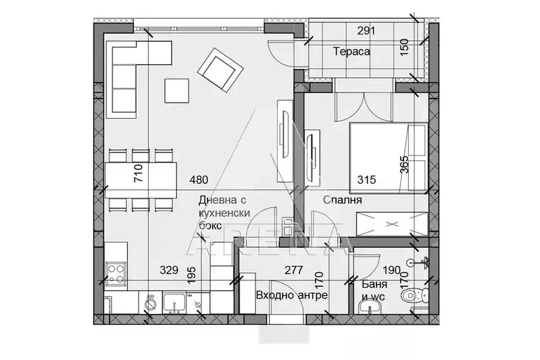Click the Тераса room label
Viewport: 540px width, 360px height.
click(351, 51)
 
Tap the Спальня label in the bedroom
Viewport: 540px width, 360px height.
click(343, 200)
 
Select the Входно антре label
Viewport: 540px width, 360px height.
click(292, 295)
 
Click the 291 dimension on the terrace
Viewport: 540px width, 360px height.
click(366, 31)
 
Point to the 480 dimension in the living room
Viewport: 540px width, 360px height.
click(199, 180)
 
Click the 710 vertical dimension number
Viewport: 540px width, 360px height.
click(137, 173)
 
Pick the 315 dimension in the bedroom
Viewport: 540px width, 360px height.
click(366, 180)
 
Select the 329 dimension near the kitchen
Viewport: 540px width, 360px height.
click(169, 270)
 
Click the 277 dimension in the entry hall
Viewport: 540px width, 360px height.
click(294, 270)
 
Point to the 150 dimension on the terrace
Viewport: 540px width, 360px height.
click(404, 47)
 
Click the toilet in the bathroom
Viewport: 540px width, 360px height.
click(414, 295)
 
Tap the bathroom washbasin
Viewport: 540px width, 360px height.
click(369, 306)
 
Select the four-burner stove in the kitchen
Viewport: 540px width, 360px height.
click(116, 273)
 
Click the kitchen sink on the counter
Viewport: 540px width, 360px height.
click(174, 303)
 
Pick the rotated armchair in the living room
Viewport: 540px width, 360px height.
click(220, 70)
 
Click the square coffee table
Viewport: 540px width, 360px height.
click(176, 91)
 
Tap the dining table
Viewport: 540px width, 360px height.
click(141, 180)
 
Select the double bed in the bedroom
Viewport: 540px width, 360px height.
click(389, 158)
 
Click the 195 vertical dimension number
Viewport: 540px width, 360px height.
click(191, 275)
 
